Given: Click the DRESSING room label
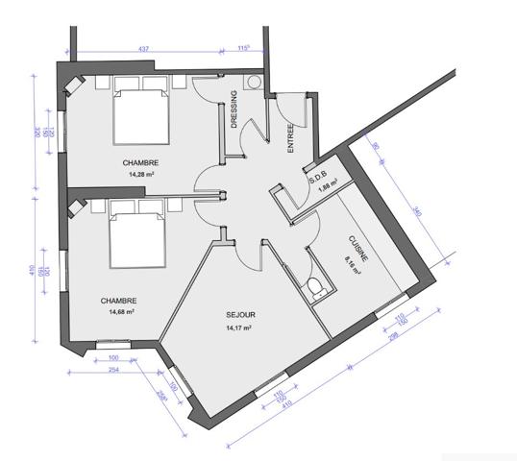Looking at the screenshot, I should click(x=234, y=109).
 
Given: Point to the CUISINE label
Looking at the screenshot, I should click(x=352, y=250).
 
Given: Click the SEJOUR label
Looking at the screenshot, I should click(x=238, y=315).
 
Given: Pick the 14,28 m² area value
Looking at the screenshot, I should click(x=140, y=175).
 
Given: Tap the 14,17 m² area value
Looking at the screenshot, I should click(x=238, y=328).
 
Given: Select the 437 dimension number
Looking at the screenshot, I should click(x=142, y=48).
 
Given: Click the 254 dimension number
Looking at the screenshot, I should click(x=112, y=369).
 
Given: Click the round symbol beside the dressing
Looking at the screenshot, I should click(x=256, y=83).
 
